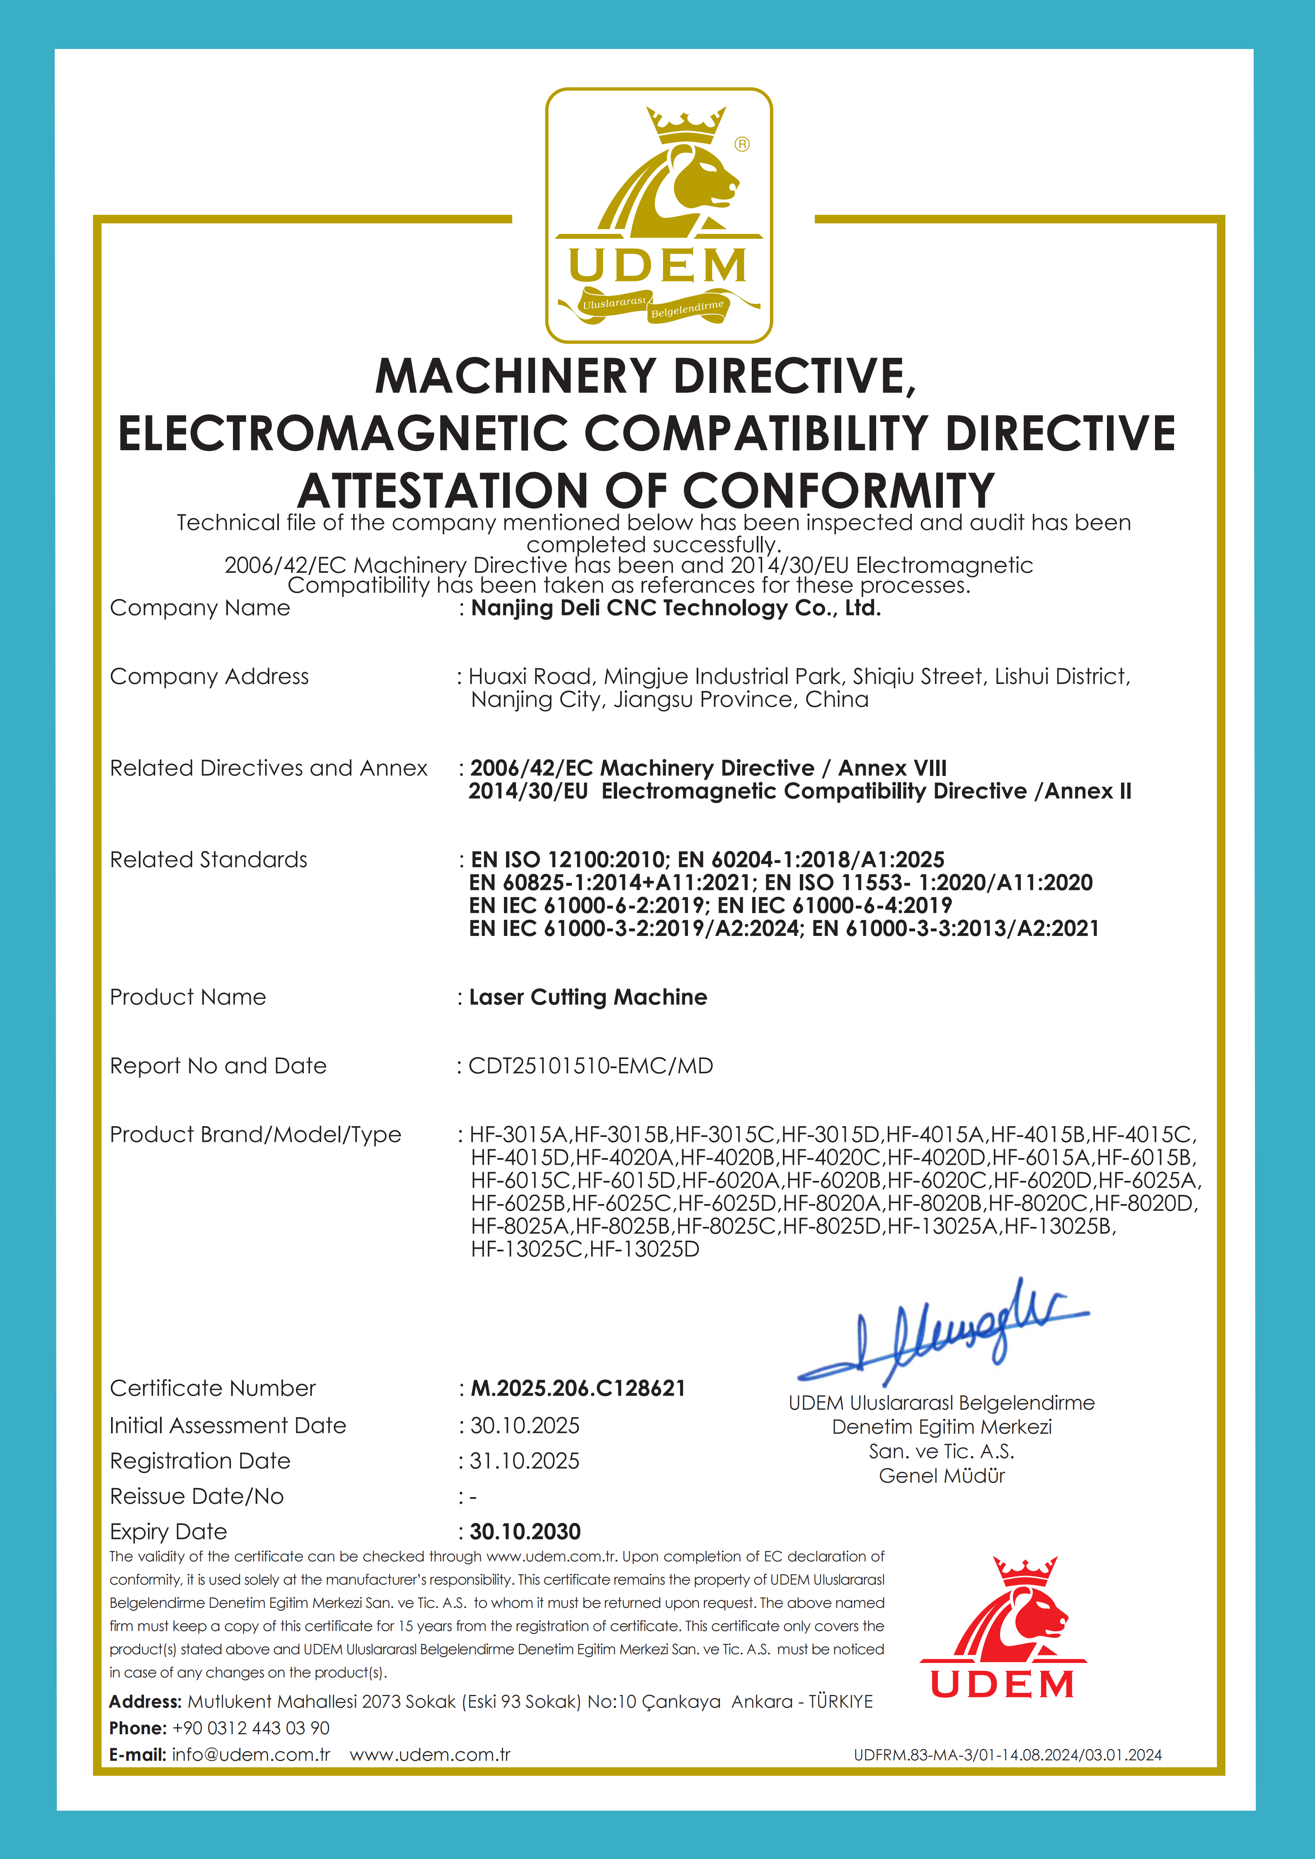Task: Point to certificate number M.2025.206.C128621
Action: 578,1389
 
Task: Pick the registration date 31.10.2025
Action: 525,1462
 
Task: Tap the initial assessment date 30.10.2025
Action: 525,1426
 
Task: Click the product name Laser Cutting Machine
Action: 588,998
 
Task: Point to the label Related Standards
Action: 209,860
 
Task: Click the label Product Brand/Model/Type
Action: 255,1135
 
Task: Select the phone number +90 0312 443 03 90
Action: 251,1728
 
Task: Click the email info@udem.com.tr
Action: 251,1755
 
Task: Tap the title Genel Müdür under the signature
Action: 942,1476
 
